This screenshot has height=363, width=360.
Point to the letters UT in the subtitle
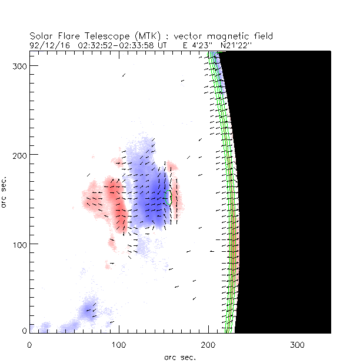(171, 44)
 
